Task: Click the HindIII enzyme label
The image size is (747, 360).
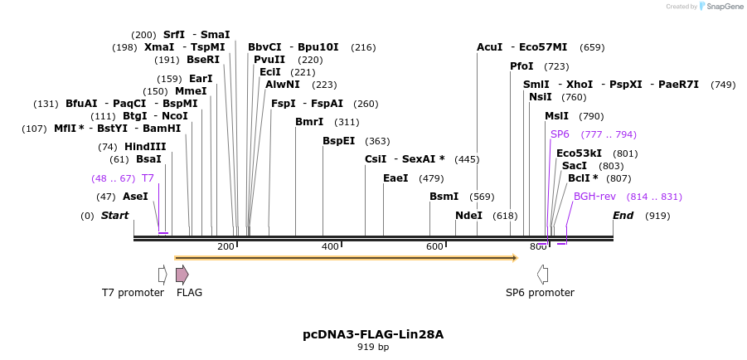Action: (145, 147)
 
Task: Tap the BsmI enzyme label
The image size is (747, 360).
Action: (444, 197)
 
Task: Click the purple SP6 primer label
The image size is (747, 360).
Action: (560, 134)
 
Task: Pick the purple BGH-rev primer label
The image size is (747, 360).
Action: (594, 197)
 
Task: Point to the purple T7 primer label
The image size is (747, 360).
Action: (148, 178)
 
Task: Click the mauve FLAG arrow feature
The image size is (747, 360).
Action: (182, 275)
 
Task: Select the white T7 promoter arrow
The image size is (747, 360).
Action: (162, 275)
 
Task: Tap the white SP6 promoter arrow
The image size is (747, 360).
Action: (542, 275)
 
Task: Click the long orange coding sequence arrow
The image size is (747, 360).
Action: (346, 258)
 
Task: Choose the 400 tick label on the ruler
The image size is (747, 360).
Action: (330, 246)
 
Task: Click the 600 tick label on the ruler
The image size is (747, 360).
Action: (434, 246)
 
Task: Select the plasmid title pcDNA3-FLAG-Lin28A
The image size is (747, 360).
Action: (373, 334)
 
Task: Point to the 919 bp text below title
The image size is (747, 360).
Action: (373, 348)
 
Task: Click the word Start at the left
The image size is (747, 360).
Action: (115, 216)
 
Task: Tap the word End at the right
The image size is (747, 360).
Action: (623, 216)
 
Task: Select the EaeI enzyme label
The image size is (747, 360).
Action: (395, 178)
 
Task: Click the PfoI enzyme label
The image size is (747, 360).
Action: (521, 66)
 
